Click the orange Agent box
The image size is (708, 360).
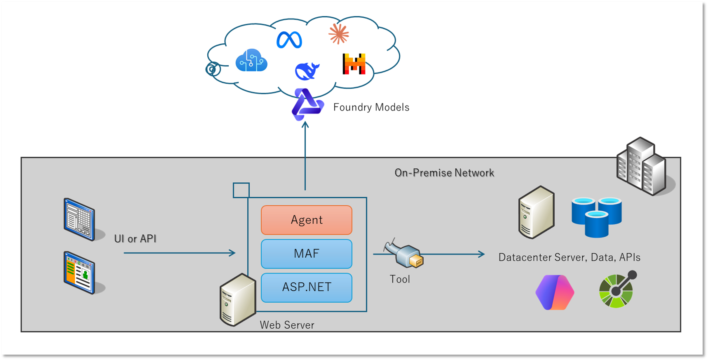coord(306,220)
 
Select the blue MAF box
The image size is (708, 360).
coord(306,254)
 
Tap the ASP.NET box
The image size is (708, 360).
coord(306,287)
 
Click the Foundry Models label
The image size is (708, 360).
coord(371,107)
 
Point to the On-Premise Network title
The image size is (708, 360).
coord(444,173)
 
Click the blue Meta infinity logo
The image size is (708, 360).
coord(289,40)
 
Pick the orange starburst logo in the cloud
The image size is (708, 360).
coord(339,34)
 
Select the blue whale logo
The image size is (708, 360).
coord(307,71)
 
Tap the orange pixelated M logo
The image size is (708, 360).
coord(354,64)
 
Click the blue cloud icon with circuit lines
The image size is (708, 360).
coord(251,61)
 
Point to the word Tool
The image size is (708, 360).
coord(400,279)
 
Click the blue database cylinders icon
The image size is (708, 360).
coord(597,217)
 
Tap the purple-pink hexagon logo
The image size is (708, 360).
coord(555,292)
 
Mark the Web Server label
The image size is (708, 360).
coord(287,325)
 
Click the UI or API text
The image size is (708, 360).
coord(135,238)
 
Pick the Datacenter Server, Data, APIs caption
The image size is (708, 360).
coord(569,257)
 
